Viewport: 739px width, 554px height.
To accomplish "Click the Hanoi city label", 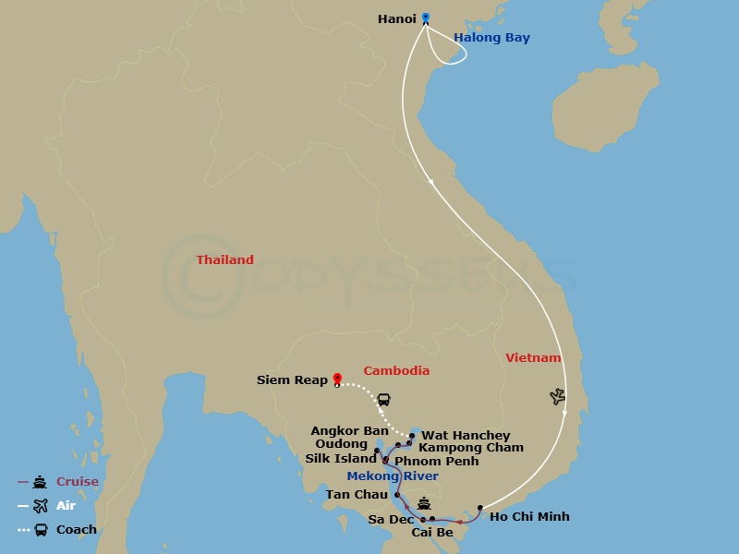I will pyautogui.click(x=398, y=18).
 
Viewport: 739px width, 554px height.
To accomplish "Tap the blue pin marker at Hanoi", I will pyautogui.click(x=426, y=18).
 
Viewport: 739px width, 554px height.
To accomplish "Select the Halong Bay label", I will pyautogui.click(x=491, y=38).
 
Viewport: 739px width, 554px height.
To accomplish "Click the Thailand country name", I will pyautogui.click(x=224, y=260).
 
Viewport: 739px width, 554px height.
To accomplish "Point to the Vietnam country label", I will pyautogui.click(x=533, y=357).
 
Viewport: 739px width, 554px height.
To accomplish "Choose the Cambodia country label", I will pyautogui.click(x=396, y=371).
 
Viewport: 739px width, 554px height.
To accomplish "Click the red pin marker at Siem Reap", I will pyautogui.click(x=337, y=379).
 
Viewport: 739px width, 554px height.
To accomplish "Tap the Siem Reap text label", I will pyautogui.click(x=292, y=380).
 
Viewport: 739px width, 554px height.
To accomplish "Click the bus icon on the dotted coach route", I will pyautogui.click(x=383, y=400).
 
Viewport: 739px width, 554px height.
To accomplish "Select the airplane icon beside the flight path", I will pyautogui.click(x=557, y=396).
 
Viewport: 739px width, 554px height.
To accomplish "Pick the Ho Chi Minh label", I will pyautogui.click(x=529, y=517).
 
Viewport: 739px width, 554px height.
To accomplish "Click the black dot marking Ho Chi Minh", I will pyautogui.click(x=480, y=508).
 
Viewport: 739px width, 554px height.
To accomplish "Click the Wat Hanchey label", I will pyautogui.click(x=466, y=436).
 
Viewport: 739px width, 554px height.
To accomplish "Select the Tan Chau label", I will pyautogui.click(x=357, y=495).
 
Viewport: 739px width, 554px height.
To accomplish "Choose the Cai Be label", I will pyautogui.click(x=432, y=532).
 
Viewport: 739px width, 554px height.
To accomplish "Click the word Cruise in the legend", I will pyautogui.click(x=78, y=482).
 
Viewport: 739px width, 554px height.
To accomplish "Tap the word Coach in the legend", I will pyautogui.click(x=77, y=530).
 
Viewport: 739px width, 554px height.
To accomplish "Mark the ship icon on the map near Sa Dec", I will pyautogui.click(x=423, y=504).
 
